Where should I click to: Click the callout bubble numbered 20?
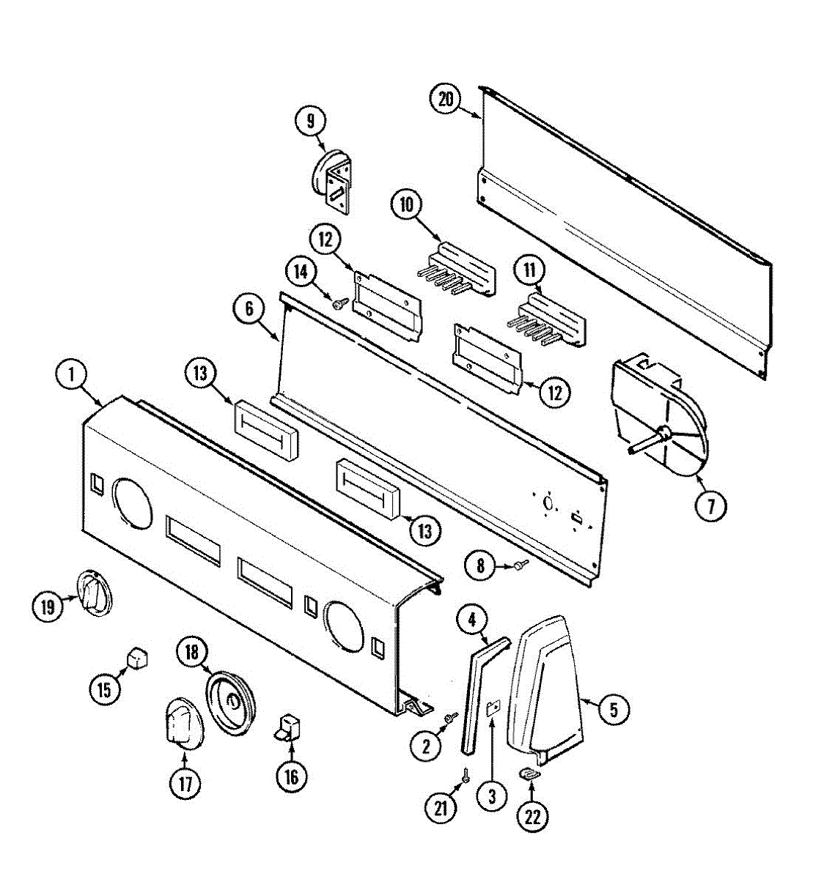point(446,100)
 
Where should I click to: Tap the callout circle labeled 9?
point(310,119)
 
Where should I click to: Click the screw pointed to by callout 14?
point(339,302)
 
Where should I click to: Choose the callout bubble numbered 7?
point(711,505)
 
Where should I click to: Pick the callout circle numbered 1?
point(72,375)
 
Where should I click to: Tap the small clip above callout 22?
point(530,772)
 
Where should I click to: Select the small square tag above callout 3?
point(493,708)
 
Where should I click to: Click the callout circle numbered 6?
point(249,309)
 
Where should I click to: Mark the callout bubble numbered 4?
point(473,620)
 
